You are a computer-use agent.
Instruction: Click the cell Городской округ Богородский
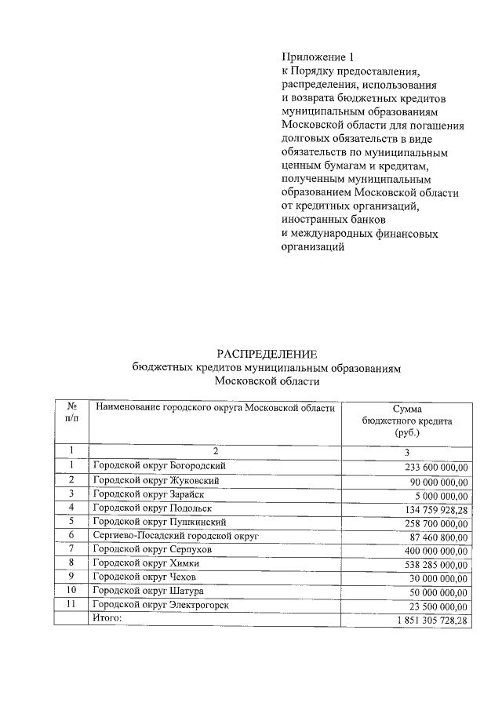(x=164, y=466)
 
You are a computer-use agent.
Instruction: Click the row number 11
(x=71, y=605)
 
